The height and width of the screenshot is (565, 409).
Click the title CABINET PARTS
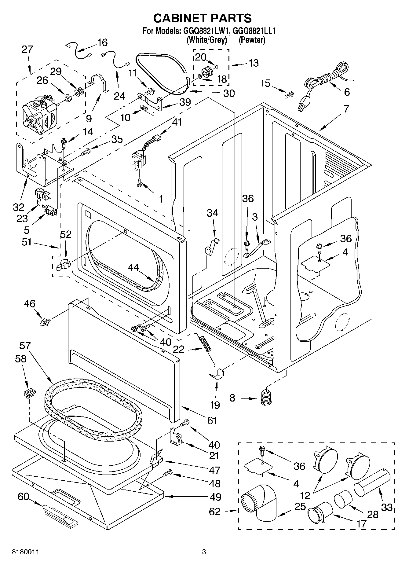coord(202,18)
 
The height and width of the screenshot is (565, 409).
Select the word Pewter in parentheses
coord(252,40)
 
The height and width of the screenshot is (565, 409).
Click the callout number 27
coord(27,49)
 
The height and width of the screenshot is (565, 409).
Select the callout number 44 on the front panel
coord(133,267)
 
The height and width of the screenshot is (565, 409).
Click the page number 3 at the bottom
coord(204,552)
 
